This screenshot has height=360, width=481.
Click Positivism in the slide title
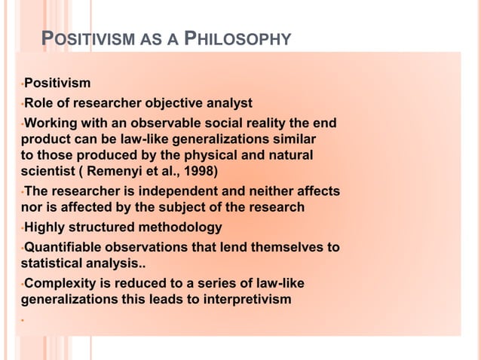click(x=90, y=38)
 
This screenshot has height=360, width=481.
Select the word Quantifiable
click(x=64, y=248)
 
